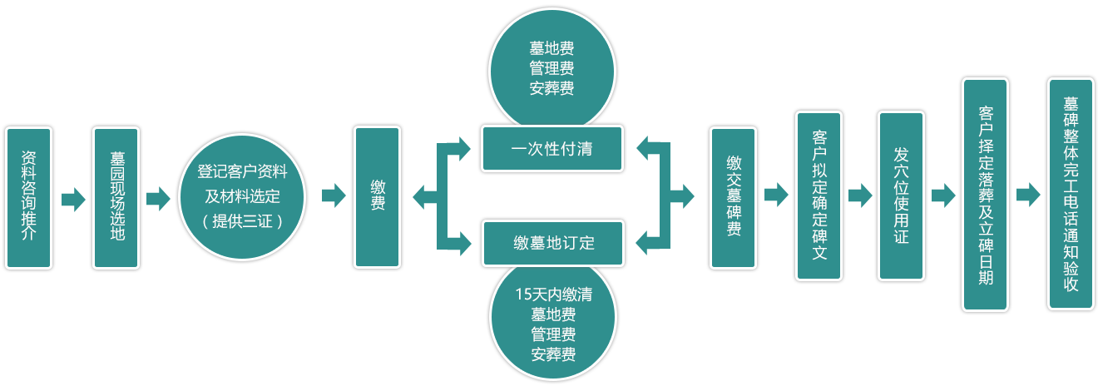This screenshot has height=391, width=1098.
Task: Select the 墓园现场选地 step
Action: point(116,197)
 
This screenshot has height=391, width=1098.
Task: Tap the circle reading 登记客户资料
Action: point(241,173)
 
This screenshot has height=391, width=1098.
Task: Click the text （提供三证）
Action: point(241,221)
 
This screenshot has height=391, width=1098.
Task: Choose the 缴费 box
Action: point(378,197)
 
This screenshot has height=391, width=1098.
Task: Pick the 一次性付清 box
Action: point(551,150)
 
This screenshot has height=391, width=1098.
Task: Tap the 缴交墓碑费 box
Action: point(733,197)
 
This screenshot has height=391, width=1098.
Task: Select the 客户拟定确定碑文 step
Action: point(819,196)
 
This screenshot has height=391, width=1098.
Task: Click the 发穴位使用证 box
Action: point(901,196)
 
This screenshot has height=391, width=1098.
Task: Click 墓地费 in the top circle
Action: point(551,49)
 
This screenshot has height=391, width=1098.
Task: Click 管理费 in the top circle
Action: point(551,68)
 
